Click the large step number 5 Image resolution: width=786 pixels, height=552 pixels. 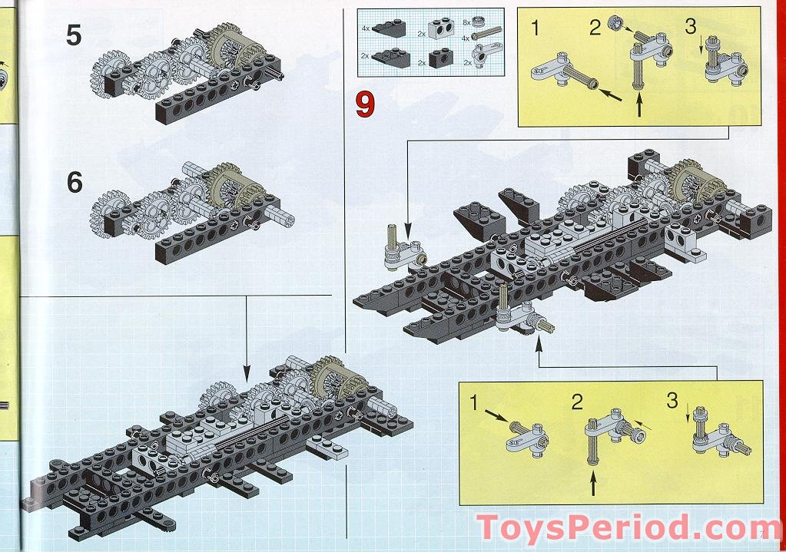pyautogui.click(x=74, y=35)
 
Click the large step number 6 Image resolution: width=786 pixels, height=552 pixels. pyautogui.click(x=74, y=183)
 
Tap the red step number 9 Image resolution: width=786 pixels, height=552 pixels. pyautogui.click(x=364, y=104)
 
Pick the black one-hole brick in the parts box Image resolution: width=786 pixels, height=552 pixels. pyautogui.click(x=440, y=58)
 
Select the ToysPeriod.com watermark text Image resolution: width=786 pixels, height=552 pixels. pyautogui.click(x=619, y=530)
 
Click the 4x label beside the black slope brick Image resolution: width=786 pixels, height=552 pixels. pyautogui.click(x=366, y=28)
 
